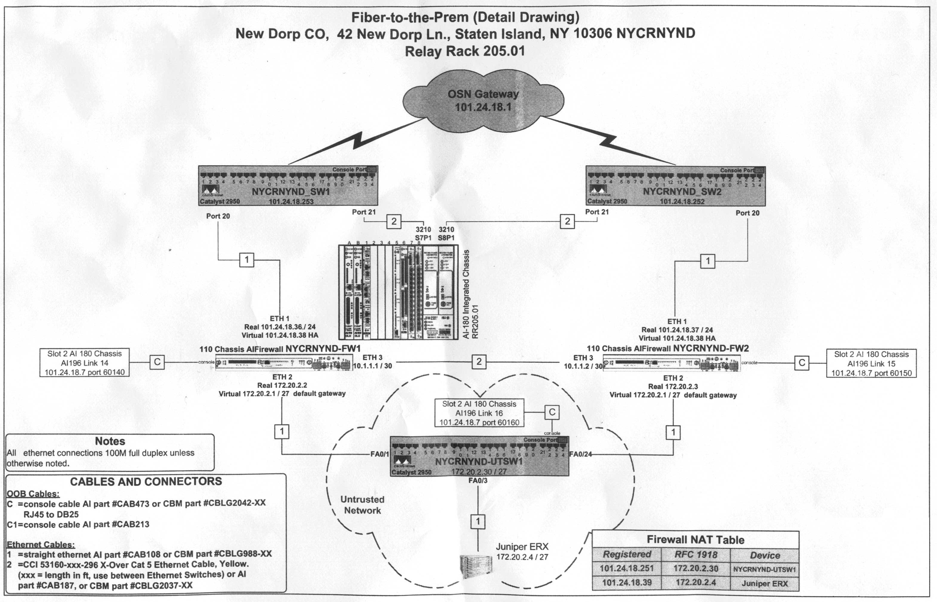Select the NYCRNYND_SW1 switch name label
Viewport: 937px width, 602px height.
coord(291,192)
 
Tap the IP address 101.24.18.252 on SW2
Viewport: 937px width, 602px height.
coord(682,201)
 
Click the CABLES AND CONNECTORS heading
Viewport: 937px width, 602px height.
coord(146,482)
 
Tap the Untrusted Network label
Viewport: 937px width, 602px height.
coord(362,505)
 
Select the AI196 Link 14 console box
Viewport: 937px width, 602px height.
coord(85,363)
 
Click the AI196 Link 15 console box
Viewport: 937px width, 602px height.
coord(871,364)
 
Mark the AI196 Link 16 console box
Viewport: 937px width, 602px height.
coord(479,413)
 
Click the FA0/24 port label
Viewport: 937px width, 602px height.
coord(580,454)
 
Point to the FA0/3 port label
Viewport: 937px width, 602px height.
coord(478,480)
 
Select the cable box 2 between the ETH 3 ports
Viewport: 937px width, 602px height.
coord(479,361)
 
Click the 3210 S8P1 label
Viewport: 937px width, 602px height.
coord(446,233)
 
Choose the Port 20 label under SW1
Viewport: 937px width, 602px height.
coord(218,216)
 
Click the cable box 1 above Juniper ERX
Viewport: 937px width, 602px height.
coord(478,521)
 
